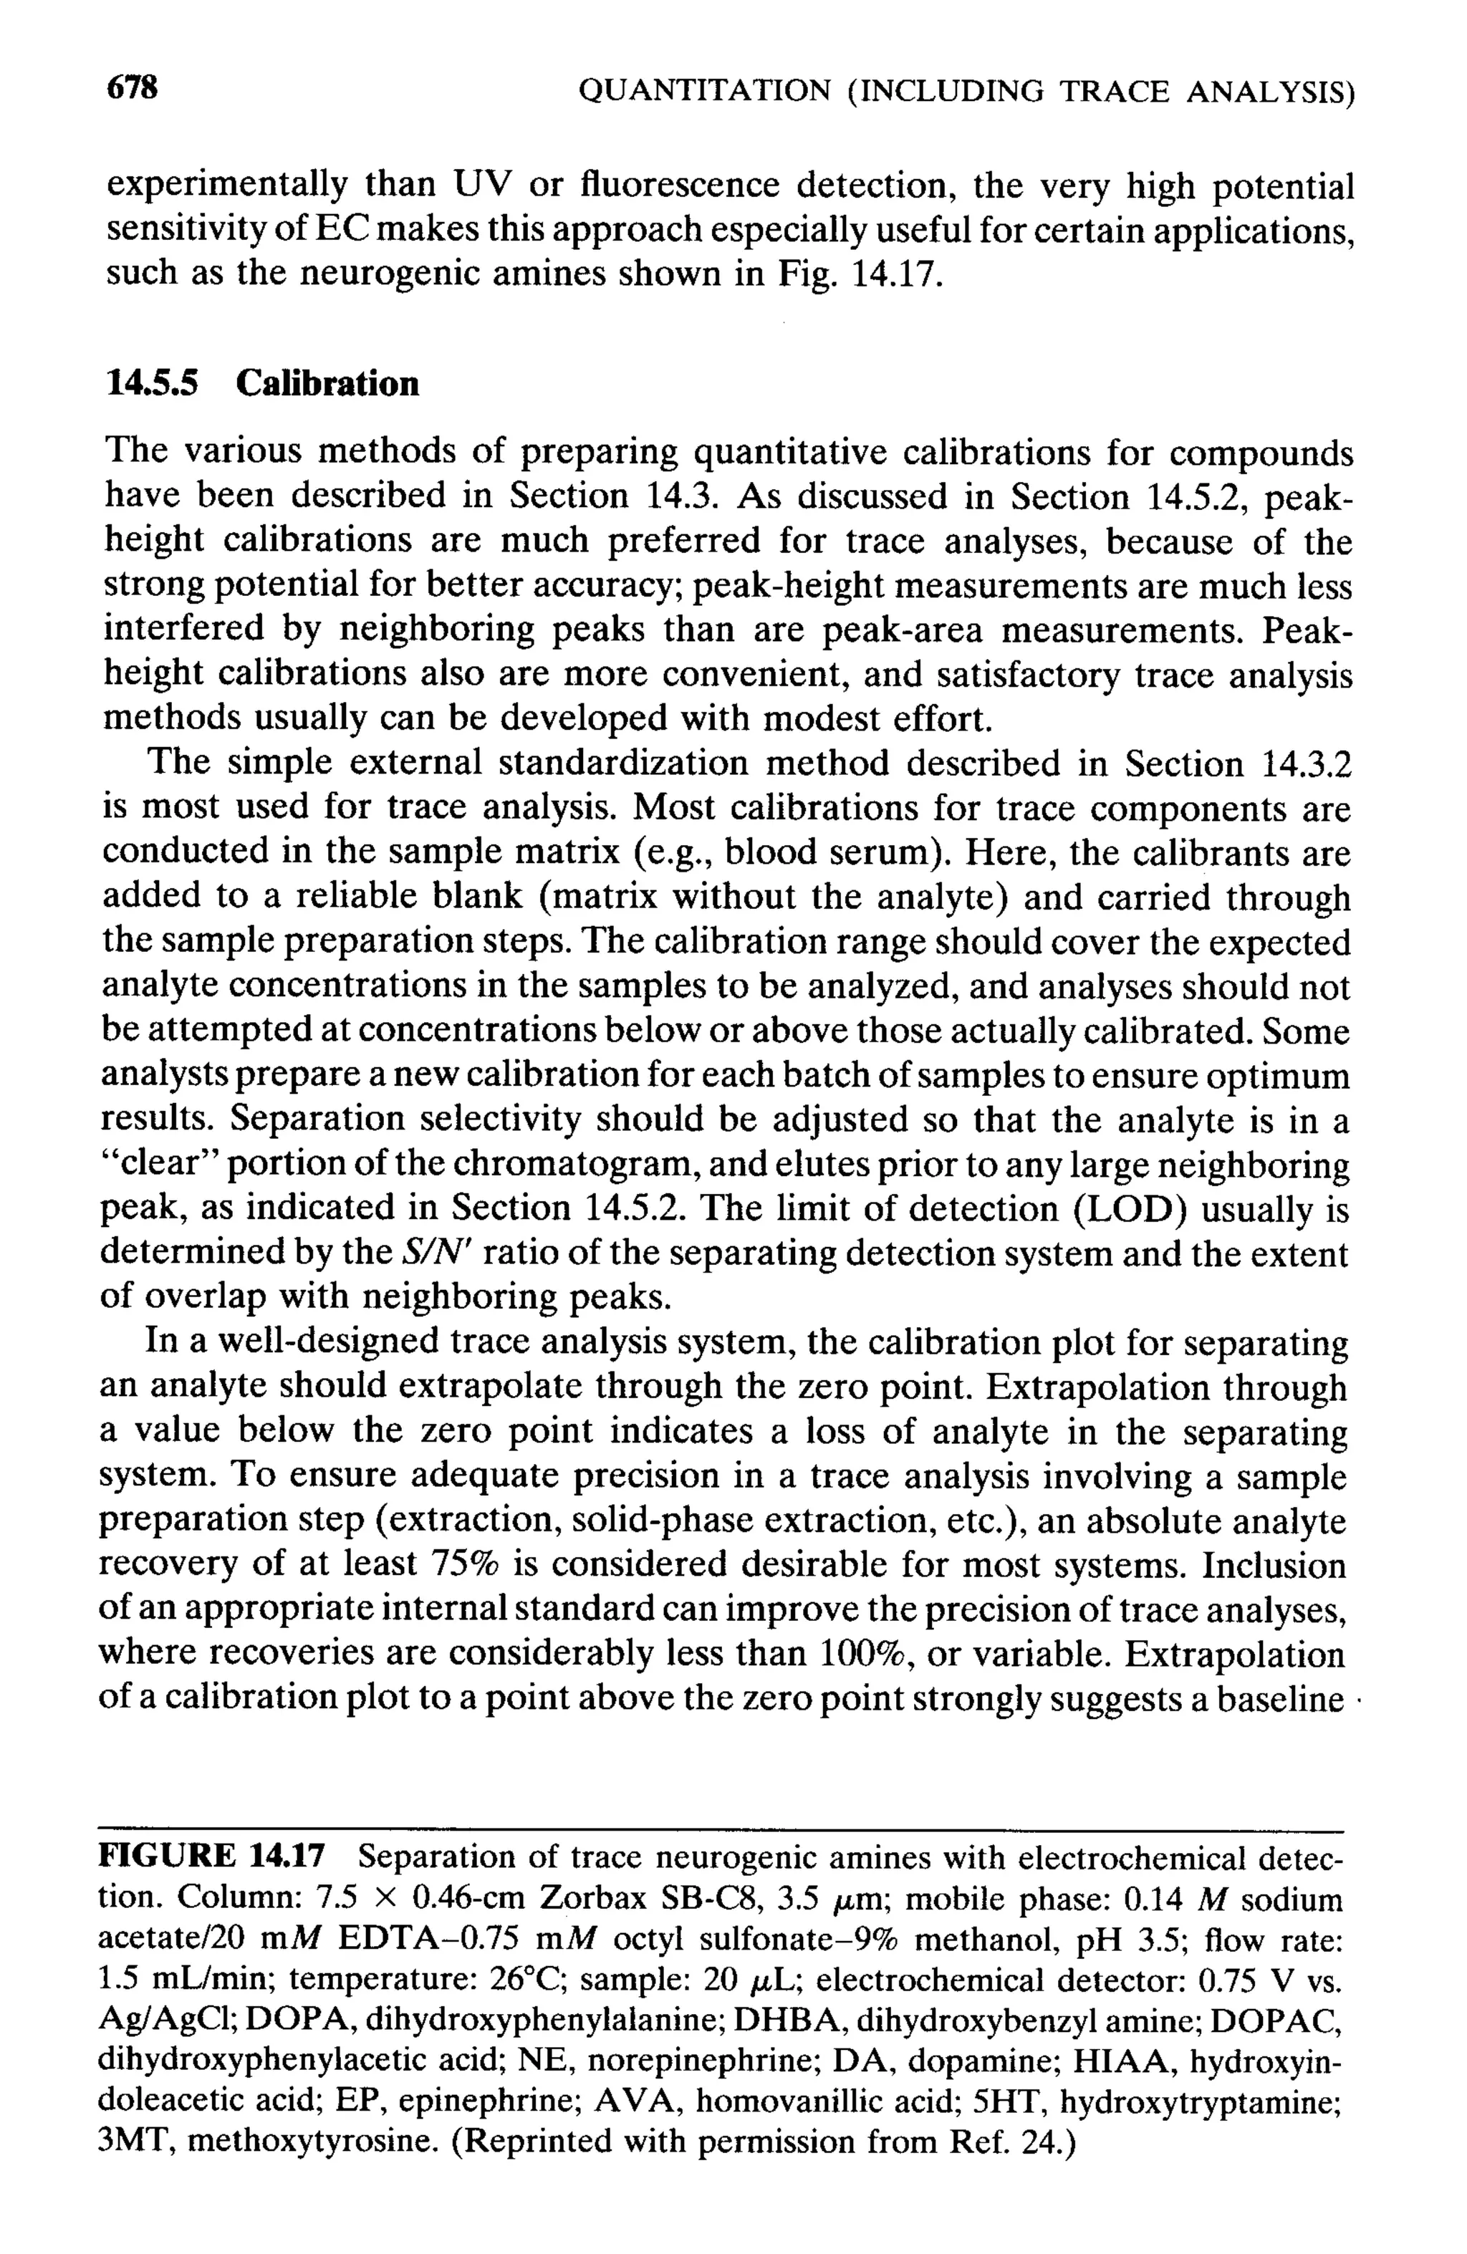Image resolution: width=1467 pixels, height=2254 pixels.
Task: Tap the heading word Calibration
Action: click(x=327, y=384)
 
